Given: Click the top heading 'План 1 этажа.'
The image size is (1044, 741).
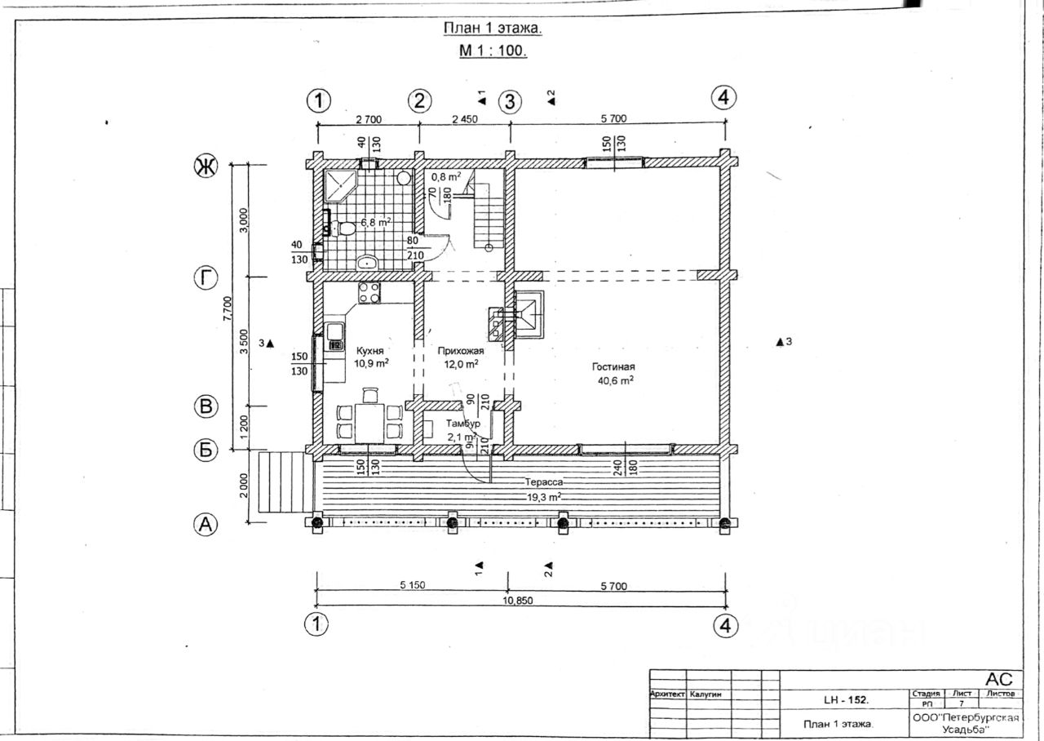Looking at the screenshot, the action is coord(493,29).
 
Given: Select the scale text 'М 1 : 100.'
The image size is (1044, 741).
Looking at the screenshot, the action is coord(493,51).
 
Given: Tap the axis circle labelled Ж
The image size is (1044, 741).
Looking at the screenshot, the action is coord(205,167).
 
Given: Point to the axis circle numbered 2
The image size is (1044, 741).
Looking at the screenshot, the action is coord(418,101).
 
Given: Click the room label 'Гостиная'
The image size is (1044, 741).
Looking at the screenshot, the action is coord(613,367).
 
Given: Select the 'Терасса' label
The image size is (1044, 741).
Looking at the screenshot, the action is coord(543,482).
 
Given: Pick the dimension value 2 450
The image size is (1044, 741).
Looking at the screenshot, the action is coord(464,119).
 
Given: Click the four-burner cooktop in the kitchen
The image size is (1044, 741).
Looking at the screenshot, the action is coord(369,292).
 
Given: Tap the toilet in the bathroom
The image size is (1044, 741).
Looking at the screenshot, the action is coord(345,228).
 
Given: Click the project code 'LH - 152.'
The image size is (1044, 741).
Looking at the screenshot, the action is coord(846,700).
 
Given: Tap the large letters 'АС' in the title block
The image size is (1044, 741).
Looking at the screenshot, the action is coord(998,680).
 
